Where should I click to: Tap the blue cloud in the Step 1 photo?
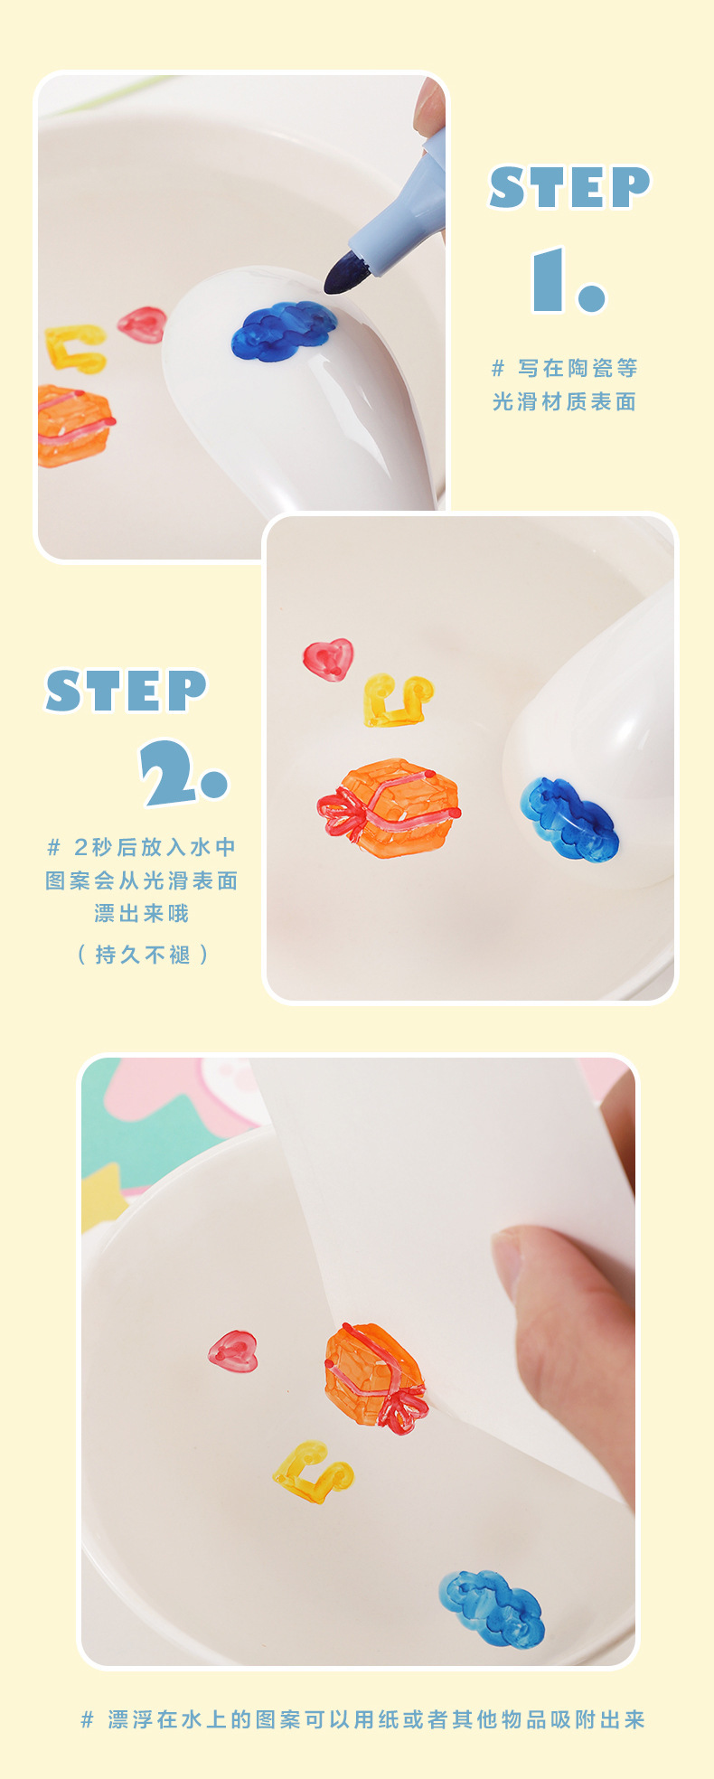[283, 331]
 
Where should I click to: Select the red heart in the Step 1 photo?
[142, 324]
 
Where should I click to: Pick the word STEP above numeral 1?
[569, 187]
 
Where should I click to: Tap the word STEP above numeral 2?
[127, 692]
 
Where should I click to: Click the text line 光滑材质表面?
[564, 401]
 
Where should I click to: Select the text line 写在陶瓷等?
[577, 368]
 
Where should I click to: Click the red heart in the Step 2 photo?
[327, 659]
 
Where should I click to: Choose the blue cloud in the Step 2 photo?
[568, 818]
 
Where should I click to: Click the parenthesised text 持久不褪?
[143, 955]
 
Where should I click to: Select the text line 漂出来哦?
[142, 913]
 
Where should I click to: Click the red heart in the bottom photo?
[233, 1351]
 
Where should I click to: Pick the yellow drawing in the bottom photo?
[313, 1473]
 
